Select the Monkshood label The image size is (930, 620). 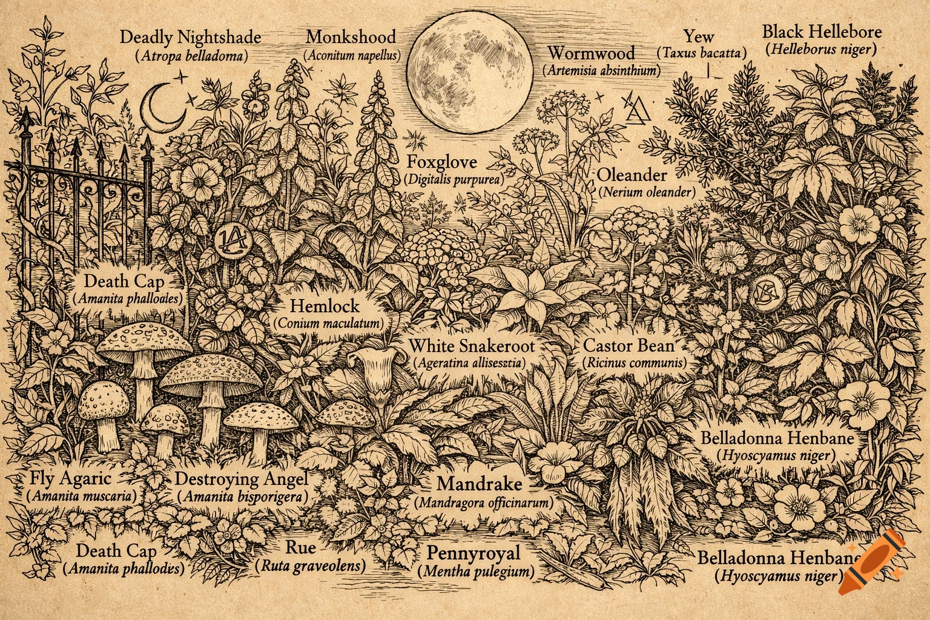tap(351, 36)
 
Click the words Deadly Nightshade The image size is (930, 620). tap(191, 37)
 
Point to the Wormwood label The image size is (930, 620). tap(591, 53)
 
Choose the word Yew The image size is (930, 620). tap(699, 36)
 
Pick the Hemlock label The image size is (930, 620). tap(325, 306)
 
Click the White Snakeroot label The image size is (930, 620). tap(472, 346)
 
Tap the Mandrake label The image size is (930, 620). tap(479, 484)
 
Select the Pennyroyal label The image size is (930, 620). tap(473, 553)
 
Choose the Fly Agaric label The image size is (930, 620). tap(70, 479)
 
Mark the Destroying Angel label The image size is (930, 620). tap(242, 479)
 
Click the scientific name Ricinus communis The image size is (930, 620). tap(634, 364)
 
